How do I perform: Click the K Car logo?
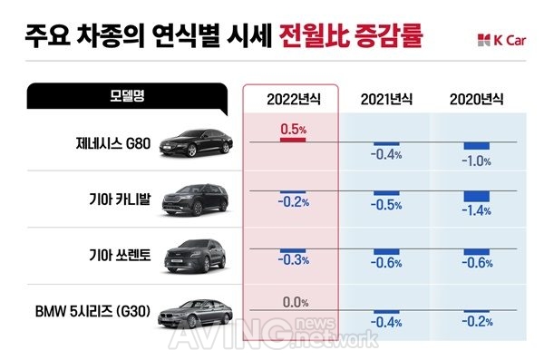[501, 41]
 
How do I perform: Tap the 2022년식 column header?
[294, 100]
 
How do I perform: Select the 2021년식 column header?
[386, 100]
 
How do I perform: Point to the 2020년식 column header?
[476, 100]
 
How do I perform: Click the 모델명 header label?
[127, 96]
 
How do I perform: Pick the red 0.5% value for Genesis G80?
[294, 129]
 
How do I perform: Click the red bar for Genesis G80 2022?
[293, 140]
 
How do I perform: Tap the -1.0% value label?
[476, 161]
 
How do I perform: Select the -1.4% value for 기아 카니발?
[476, 210]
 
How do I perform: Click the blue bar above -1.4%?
[477, 196]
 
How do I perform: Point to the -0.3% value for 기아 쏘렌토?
[294, 259]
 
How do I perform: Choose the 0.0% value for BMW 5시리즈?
[296, 302]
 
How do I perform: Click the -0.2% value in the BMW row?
[477, 322]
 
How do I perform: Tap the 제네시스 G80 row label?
[113, 143]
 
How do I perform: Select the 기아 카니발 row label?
[120, 199]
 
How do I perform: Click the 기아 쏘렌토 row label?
[120, 256]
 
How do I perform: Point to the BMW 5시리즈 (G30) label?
[93, 311]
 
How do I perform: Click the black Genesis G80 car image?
[196, 142]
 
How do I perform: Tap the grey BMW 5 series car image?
[195, 314]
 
